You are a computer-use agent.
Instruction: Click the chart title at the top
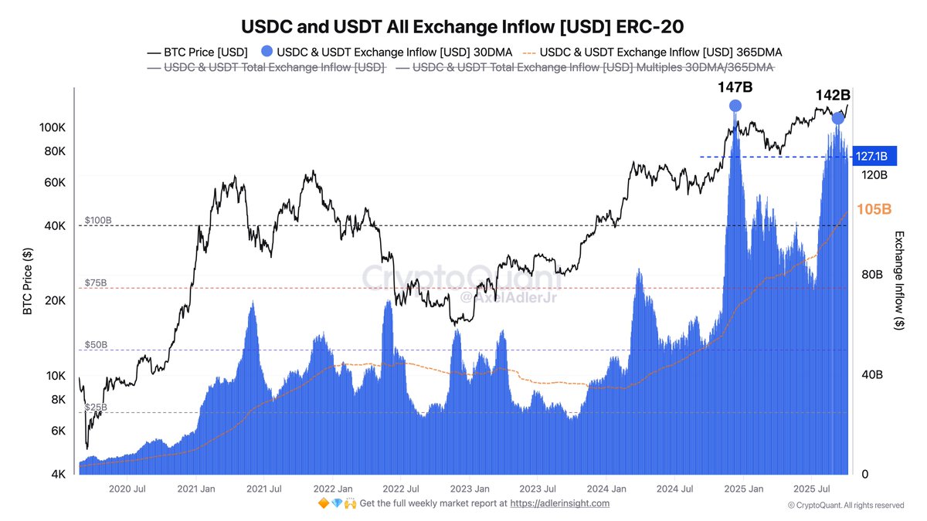click(463, 26)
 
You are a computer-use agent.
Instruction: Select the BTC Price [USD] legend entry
click(197, 52)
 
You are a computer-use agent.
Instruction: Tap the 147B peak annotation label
click(735, 87)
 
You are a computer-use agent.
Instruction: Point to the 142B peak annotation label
click(834, 96)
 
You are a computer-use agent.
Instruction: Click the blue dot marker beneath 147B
click(735, 106)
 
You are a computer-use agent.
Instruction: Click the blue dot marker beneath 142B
click(838, 118)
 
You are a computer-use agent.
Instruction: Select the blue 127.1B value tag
click(874, 157)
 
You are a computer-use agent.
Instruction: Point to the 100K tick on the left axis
click(52, 127)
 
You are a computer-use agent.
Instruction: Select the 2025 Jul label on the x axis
click(812, 489)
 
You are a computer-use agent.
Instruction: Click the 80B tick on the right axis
click(871, 275)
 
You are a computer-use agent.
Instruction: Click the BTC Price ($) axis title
click(28, 282)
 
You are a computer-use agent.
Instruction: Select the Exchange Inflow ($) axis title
click(898, 282)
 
